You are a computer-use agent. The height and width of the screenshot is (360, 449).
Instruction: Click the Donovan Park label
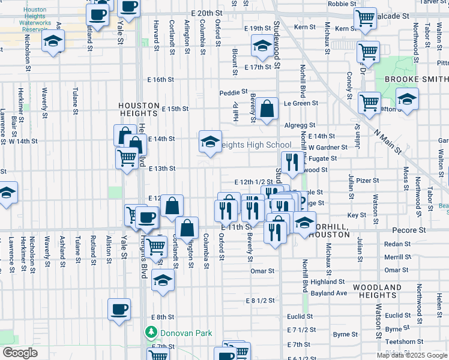[x=178, y=331]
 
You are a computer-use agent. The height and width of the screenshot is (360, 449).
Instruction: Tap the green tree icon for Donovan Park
[x=151, y=331]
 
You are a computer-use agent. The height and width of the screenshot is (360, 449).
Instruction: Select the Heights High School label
[x=255, y=145]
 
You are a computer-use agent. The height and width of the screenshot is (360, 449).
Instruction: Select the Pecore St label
[x=409, y=230]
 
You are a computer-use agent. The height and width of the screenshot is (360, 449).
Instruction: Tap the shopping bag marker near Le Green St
[x=268, y=109]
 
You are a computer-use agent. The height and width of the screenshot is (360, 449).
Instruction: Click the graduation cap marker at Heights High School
[x=210, y=142]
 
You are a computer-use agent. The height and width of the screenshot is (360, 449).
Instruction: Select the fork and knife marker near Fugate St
[x=292, y=162]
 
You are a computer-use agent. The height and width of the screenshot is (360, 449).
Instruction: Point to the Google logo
[x=20, y=353]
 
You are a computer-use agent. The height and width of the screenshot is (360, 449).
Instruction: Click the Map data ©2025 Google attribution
[x=412, y=355]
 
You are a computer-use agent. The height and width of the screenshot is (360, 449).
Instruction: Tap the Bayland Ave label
[x=333, y=293]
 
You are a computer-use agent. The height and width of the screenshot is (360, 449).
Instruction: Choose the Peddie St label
[x=233, y=92]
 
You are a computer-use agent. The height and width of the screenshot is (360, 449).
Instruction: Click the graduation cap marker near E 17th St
[x=262, y=45]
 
